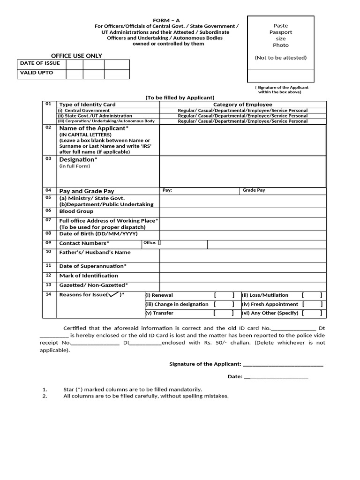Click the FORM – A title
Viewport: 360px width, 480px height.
pos(166,20)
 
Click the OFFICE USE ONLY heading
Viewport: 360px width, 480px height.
pos(73,56)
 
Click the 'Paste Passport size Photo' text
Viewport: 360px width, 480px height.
pos(281,36)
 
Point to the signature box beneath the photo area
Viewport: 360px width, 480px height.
pos(281,75)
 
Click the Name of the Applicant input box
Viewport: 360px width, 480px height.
pos(242,140)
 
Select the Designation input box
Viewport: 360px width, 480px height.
pos(242,171)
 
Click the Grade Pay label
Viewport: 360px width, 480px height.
pos(254,191)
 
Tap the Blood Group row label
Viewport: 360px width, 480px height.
pos(76,211)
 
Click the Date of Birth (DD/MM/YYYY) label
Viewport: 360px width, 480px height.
pos(98,233)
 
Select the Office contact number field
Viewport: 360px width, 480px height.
pos(183,244)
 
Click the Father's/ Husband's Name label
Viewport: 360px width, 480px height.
pos(95,252)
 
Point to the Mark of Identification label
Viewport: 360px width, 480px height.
pos(88,276)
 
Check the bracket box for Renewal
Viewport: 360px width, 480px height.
pos(224,295)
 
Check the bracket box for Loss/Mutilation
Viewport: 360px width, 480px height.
pos(312,295)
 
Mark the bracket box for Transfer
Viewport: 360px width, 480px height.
pos(224,313)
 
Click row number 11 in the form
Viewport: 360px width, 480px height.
pos(48,265)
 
